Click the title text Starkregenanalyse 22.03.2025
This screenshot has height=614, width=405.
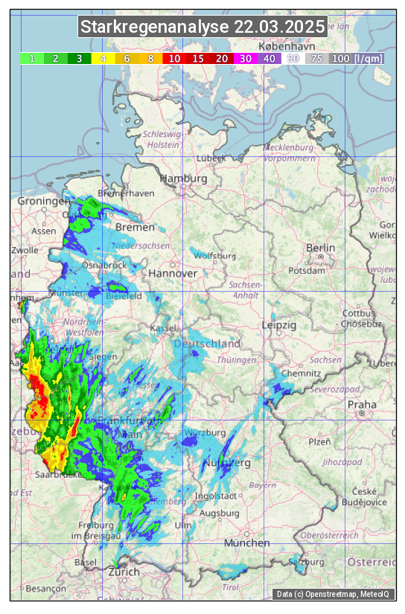point(202,28)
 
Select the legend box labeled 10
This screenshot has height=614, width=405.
point(174,58)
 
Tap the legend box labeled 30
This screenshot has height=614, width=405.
point(245,58)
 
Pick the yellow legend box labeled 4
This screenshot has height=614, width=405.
point(103,58)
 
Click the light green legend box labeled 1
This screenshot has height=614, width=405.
point(32,58)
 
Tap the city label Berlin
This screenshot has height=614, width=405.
point(321,248)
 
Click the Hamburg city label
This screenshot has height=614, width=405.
point(183,179)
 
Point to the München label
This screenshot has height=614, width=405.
point(246,543)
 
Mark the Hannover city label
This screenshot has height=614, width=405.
point(173,273)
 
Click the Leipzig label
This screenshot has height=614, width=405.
point(279,325)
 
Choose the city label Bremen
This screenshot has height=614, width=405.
point(135,227)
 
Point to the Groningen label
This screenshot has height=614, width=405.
point(43,201)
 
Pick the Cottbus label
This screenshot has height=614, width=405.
point(358,313)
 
